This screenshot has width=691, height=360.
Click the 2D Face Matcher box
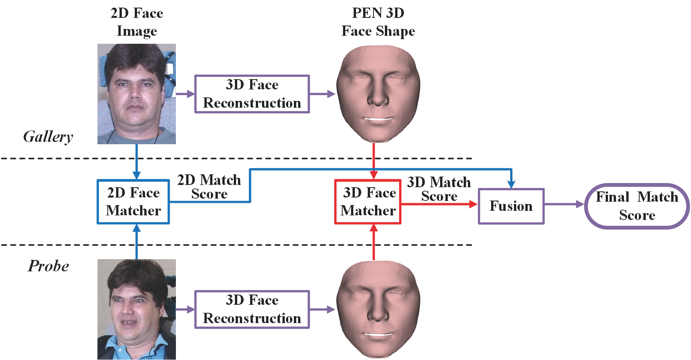(x=133, y=202)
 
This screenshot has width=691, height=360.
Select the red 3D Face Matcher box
(x=368, y=202)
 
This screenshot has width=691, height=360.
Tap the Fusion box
(x=511, y=206)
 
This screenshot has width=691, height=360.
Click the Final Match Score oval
(x=637, y=206)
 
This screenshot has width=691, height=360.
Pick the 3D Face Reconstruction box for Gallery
(x=252, y=94)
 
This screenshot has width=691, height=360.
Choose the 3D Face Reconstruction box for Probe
(x=252, y=309)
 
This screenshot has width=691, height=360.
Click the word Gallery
(x=48, y=137)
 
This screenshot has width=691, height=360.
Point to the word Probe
(x=48, y=266)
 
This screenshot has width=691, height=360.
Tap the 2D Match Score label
(x=209, y=187)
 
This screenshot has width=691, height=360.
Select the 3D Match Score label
(x=439, y=189)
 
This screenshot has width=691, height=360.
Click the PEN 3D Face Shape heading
(x=378, y=22)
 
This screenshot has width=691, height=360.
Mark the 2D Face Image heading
(x=137, y=22)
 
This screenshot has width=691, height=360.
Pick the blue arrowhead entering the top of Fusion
(x=511, y=184)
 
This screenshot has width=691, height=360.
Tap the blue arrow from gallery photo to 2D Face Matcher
(x=136, y=162)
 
